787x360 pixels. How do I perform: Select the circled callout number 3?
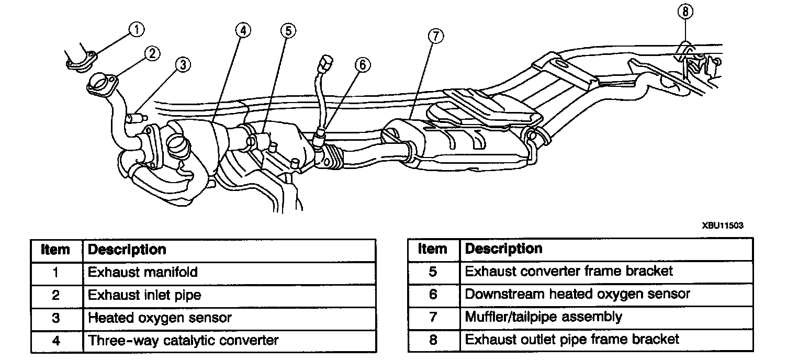click(182, 64)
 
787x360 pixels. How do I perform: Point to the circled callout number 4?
click(242, 30)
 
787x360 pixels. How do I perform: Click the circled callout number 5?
click(287, 30)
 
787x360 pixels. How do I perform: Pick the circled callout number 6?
click(362, 64)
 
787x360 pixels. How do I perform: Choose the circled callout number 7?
click(435, 36)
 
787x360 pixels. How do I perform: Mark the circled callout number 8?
click(686, 12)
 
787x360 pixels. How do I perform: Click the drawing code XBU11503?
click(723, 225)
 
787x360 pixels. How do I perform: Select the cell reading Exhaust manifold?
click(142, 272)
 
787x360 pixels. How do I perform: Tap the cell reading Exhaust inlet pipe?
click(144, 295)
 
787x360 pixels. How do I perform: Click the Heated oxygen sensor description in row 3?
click(160, 318)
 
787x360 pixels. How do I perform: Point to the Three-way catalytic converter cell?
click(183, 341)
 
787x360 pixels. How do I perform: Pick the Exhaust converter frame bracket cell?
click(569, 271)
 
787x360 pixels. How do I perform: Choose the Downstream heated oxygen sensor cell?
click(578, 294)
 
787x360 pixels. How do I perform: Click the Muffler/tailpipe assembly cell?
click(544, 317)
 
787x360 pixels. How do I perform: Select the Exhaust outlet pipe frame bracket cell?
click(572, 340)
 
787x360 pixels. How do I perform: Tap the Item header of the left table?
click(55, 250)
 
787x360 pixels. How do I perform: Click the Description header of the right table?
click(503, 249)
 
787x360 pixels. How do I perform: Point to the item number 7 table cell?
click(433, 317)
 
